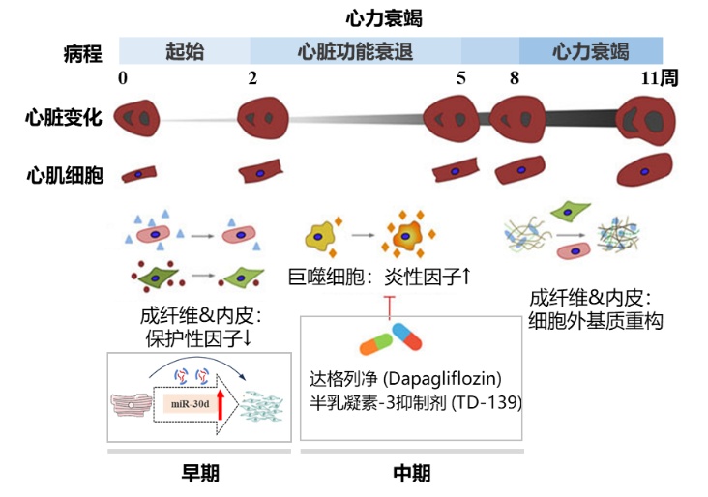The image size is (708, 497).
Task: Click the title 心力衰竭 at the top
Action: pos(384,17)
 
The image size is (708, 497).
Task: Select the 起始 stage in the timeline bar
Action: pos(185,51)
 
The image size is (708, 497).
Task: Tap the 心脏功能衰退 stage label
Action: pos(356,51)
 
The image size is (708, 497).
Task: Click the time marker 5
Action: pos(461,78)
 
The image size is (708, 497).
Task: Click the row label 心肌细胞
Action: pos(64,175)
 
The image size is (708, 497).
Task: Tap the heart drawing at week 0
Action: pos(136,118)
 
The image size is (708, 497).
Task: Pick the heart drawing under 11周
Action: pos(646,121)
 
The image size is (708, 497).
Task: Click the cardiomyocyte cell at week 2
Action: pos(260,172)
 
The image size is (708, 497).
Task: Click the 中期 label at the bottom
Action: pos(411,473)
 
